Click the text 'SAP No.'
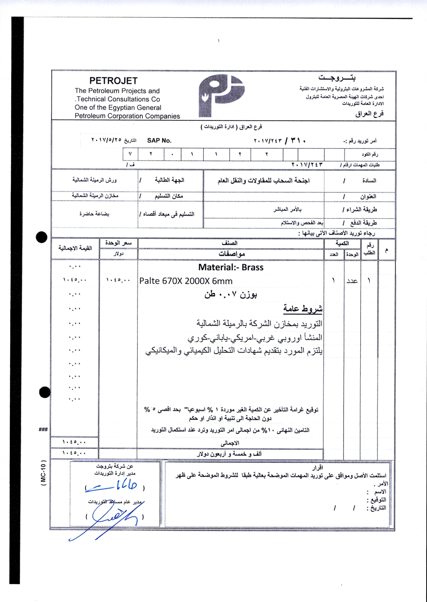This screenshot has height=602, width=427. pyautogui.click(x=159, y=141)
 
